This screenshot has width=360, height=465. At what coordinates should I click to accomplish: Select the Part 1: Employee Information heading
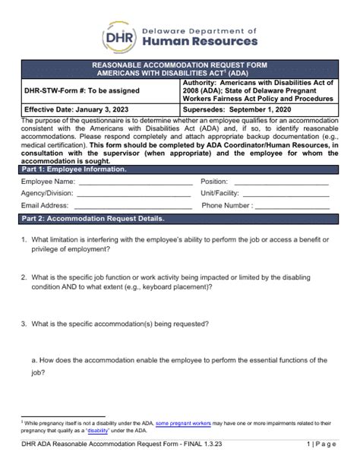pos(74,169)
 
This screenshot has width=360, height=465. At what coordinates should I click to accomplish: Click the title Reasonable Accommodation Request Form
pos(180,66)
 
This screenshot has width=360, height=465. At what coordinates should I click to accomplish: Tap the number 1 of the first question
pos(23,240)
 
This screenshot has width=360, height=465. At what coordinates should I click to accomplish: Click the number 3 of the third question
pos(23,324)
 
